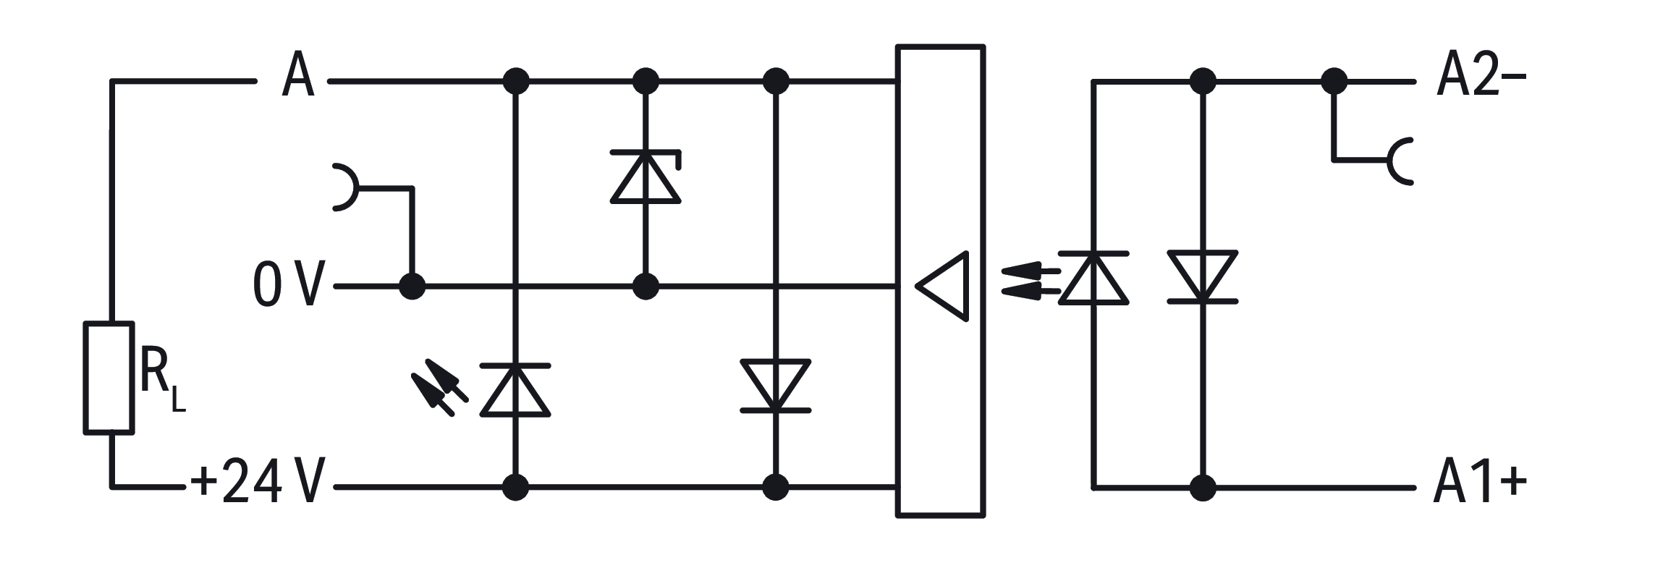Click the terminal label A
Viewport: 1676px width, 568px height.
[x=298, y=75]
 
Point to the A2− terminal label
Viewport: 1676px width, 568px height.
[x=1481, y=75]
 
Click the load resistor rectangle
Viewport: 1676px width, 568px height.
[x=110, y=378]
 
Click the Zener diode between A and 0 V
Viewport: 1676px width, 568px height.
[x=646, y=177]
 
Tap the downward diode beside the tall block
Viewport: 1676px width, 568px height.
[x=776, y=386]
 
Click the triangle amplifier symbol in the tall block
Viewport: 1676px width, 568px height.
[x=942, y=287]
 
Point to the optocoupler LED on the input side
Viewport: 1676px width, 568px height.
[x=1093, y=278]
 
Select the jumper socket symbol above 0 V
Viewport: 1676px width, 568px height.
[x=344, y=187]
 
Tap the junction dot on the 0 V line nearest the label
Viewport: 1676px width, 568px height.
[x=412, y=287]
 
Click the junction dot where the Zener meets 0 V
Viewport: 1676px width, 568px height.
[x=646, y=287]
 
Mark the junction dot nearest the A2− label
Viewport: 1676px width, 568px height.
[x=1334, y=81]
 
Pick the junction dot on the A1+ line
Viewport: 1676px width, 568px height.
[x=1203, y=488]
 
